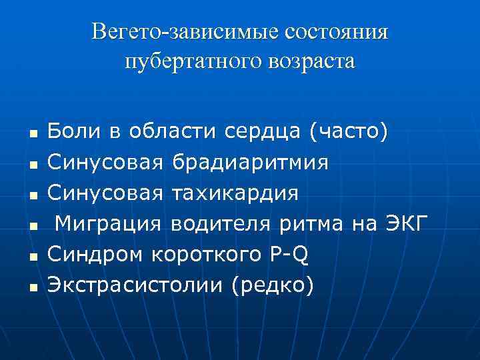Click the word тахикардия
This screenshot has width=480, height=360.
[x=235, y=193]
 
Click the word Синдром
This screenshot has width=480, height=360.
[x=96, y=254]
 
